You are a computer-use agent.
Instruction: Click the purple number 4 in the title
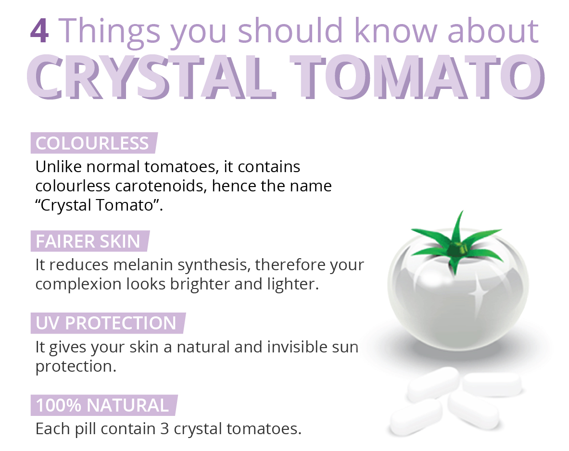(39, 31)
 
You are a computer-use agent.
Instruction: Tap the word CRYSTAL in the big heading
(151, 77)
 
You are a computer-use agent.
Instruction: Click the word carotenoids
(161, 186)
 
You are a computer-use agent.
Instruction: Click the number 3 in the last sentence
(164, 429)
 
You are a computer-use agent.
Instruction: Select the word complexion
(78, 285)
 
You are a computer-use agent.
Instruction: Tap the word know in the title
(396, 31)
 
